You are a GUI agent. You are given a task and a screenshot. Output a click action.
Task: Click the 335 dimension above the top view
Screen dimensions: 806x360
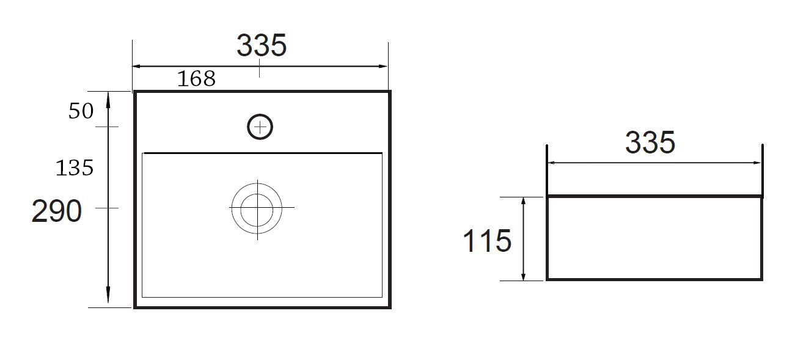click(x=262, y=45)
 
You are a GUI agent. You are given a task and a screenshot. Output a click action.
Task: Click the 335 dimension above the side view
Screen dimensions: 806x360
click(x=650, y=142)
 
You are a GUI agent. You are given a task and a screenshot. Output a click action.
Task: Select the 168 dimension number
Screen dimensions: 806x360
click(x=197, y=78)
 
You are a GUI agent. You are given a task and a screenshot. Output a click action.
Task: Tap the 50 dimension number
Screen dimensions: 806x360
click(x=81, y=111)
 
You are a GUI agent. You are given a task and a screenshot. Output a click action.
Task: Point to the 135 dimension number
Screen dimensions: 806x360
click(x=75, y=167)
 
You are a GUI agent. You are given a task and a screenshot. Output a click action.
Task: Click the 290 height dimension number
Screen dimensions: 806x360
click(x=57, y=211)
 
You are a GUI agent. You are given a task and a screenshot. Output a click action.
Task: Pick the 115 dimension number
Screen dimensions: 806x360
click(x=487, y=241)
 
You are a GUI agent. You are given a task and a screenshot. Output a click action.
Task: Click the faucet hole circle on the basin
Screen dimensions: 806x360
click(x=260, y=114)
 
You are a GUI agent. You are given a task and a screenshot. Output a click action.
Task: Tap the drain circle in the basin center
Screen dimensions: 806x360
click(x=257, y=183)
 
